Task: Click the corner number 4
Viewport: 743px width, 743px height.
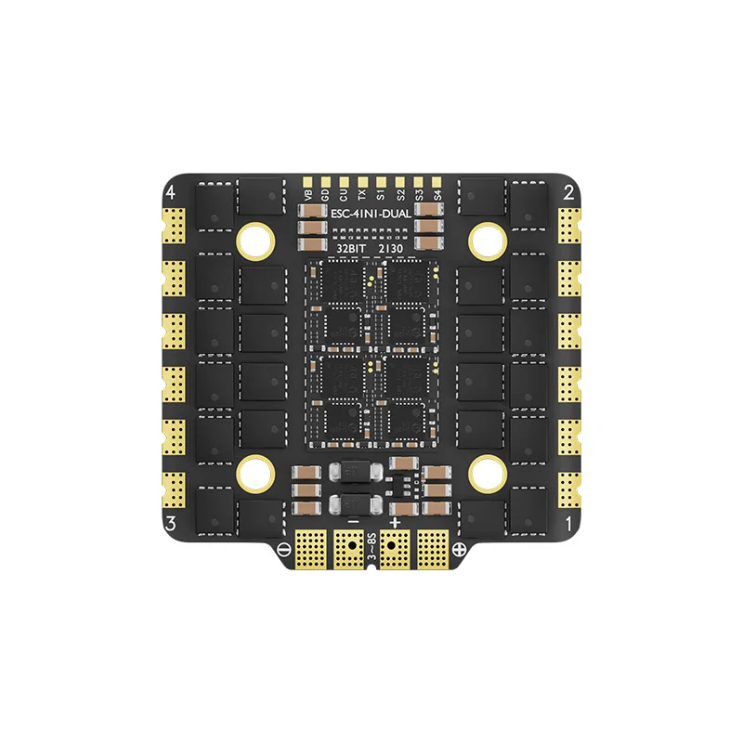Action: coord(170,193)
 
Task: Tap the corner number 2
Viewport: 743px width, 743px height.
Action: coord(568,193)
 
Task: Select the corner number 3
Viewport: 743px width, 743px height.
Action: coord(170,523)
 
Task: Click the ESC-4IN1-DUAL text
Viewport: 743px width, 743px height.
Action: coord(371,213)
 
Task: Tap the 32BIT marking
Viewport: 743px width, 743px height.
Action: coord(349,249)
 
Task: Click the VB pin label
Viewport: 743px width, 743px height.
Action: coord(308,195)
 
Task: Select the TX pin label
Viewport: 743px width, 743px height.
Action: coord(362,195)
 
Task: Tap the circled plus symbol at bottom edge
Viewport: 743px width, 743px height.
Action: coord(458,548)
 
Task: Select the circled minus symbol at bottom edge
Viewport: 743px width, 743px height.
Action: coord(283,548)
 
